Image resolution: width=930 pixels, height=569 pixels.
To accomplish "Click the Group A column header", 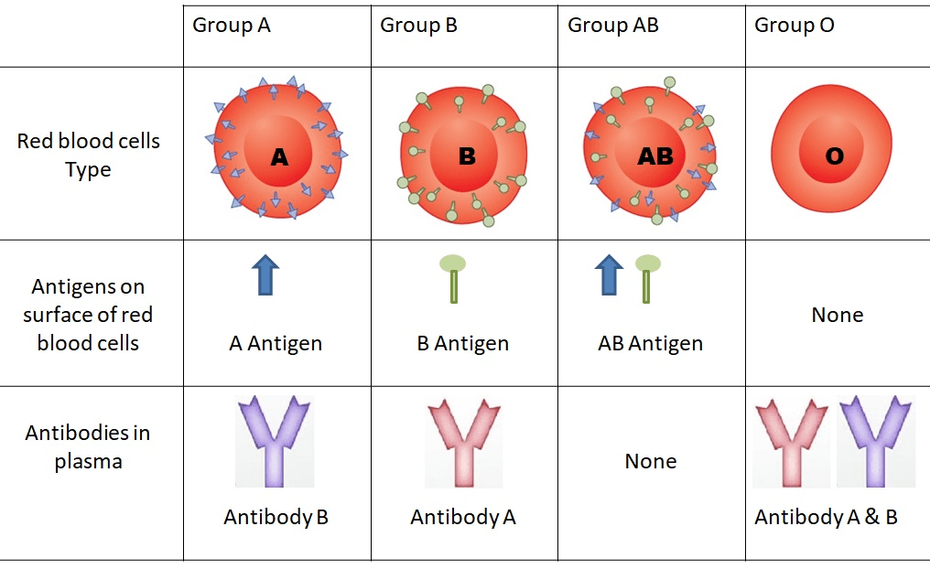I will tap(232, 26).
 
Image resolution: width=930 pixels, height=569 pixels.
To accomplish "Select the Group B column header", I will tap(418, 26).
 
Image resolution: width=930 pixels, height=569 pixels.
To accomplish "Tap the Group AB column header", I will tap(612, 26).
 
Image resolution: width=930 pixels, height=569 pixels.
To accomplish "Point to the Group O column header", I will tap(794, 26).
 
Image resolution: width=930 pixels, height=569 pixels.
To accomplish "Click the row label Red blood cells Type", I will tap(88, 156).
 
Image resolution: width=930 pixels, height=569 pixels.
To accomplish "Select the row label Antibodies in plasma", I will tap(88, 446).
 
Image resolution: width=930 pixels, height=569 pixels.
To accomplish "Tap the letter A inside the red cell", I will tap(279, 157).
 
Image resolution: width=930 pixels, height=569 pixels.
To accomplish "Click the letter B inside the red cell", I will tap(467, 156).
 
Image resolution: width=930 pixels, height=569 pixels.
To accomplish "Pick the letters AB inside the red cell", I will tap(654, 156).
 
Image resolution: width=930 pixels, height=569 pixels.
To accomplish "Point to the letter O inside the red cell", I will tap(834, 156).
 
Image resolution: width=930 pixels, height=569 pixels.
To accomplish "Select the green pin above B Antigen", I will tap(453, 277).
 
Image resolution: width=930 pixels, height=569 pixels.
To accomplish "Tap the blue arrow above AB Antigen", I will tap(609, 275).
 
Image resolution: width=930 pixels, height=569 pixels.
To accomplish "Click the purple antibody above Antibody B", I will tap(274, 440).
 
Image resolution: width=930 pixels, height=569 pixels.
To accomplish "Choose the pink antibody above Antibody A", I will tap(462, 442).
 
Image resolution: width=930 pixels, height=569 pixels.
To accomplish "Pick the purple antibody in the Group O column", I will tap(876, 440).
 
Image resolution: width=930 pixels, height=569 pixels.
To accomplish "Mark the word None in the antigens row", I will tap(838, 315).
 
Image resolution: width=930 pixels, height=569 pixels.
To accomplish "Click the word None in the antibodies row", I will tap(651, 461).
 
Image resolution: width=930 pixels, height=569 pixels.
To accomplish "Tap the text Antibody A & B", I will tap(826, 517).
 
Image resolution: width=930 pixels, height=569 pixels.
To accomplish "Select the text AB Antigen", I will tap(651, 344).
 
